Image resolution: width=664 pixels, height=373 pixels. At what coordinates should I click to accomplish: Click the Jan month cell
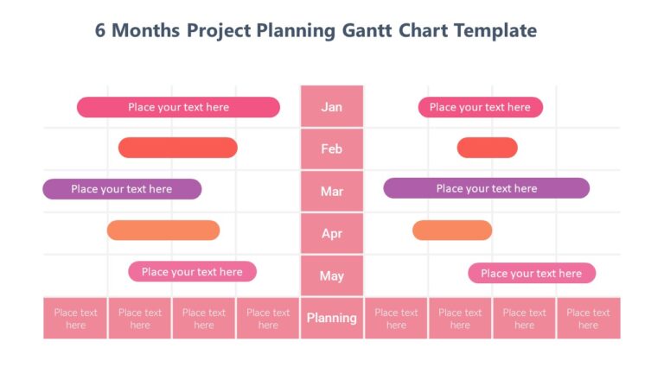point(332,106)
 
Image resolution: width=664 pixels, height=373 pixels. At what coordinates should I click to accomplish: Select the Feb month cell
point(332,149)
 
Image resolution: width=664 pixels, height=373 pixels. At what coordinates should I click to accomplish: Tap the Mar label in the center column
point(332,191)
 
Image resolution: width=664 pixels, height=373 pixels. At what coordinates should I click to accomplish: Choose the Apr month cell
point(332,233)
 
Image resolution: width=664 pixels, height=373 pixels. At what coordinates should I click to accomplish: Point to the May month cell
point(332,275)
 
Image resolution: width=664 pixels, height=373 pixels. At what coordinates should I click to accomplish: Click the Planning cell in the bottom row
point(332,318)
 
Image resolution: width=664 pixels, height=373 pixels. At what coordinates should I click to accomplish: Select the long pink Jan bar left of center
point(178,107)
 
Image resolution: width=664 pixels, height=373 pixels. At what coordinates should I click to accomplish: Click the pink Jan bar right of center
point(480,107)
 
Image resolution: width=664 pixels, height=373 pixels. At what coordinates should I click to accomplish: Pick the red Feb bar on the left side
point(177,148)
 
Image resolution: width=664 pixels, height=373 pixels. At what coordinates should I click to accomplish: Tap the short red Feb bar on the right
point(487,148)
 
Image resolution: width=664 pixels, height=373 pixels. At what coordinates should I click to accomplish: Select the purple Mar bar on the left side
point(122,189)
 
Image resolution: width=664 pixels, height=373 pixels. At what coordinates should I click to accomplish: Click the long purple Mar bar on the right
point(486,188)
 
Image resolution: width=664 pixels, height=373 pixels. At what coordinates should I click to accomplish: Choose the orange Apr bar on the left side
point(163,231)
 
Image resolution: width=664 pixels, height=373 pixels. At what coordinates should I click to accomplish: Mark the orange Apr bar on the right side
point(451,231)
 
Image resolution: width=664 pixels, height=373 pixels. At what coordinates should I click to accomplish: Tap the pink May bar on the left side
point(192,272)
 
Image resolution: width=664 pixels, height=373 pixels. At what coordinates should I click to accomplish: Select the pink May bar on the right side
point(531,273)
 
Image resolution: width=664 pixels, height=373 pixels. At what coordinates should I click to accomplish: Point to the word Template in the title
point(490,31)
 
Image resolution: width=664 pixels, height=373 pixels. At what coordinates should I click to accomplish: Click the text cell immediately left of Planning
point(268,319)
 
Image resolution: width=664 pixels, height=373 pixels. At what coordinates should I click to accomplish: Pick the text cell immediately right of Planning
point(396,319)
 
